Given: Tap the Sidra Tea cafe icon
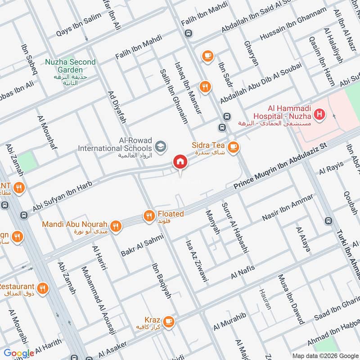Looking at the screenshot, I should tap(233, 146).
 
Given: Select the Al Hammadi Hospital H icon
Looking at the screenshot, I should tap(319, 115).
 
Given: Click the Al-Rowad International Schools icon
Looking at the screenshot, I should tap(160, 146).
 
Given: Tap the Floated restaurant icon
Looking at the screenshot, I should tap(149, 216).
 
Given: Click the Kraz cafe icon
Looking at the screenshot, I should tap(168, 321).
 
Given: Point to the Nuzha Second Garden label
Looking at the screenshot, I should tap(70, 66).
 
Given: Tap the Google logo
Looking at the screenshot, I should tap(19, 353).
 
